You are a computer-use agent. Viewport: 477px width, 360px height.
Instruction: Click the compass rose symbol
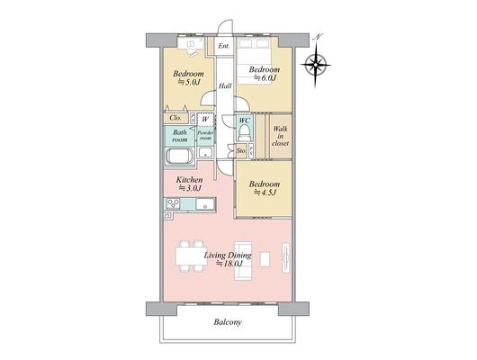(x=316, y=65)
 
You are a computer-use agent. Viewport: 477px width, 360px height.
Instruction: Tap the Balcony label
(x=228, y=322)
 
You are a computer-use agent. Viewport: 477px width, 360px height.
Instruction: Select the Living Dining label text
(x=228, y=256)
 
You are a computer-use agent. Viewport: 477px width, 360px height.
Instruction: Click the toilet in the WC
(x=244, y=133)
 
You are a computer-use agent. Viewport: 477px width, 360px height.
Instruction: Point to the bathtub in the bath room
(x=179, y=156)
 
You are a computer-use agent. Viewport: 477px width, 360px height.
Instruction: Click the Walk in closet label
(x=280, y=136)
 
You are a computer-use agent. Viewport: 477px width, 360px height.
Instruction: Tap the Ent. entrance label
(x=224, y=46)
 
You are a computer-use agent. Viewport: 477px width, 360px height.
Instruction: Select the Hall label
(x=225, y=86)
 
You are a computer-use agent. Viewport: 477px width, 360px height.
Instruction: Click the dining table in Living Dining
(x=191, y=256)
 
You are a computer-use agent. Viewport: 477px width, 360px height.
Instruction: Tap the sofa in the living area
(x=243, y=260)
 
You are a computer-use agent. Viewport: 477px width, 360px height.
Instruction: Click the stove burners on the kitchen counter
(x=173, y=204)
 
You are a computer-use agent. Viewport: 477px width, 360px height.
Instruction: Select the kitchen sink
(x=205, y=204)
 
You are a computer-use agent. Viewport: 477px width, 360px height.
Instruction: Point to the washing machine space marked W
(x=205, y=120)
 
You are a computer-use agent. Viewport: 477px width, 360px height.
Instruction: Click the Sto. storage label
(x=241, y=150)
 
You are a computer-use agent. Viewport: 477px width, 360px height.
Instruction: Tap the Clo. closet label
(x=175, y=118)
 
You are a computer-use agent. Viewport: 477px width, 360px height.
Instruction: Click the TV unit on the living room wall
(x=285, y=257)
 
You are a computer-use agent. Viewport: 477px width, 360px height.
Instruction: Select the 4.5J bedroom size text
(x=265, y=193)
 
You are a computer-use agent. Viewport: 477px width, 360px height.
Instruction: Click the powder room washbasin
(x=205, y=152)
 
